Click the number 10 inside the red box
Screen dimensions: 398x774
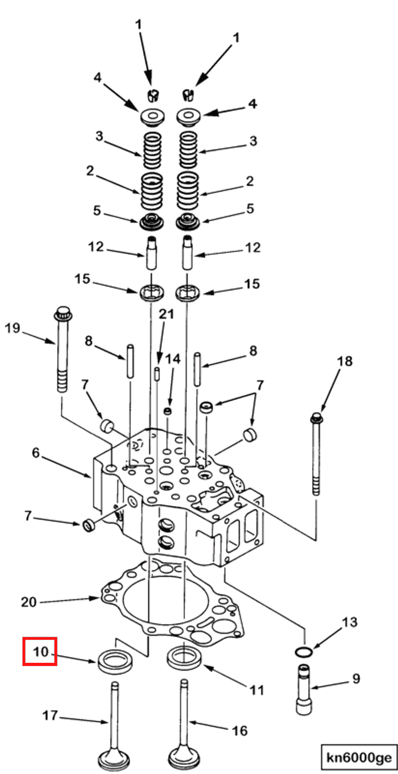[x=41, y=652]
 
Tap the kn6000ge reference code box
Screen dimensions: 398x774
[x=359, y=758]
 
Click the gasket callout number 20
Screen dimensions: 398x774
[x=29, y=603]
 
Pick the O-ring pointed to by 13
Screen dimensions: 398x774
[x=304, y=652]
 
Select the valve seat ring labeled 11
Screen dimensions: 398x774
[x=185, y=658]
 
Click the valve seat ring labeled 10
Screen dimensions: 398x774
[x=115, y=661]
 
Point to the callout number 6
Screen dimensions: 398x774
[x=36, y=453]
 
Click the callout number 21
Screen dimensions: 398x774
[x=167, y=314]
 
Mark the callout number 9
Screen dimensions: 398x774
[x=356, y=678]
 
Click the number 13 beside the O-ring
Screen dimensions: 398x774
[x=349, y=622]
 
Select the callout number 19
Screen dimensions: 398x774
[x=13, y=328]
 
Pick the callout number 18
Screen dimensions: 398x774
[x=345, y=361]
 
